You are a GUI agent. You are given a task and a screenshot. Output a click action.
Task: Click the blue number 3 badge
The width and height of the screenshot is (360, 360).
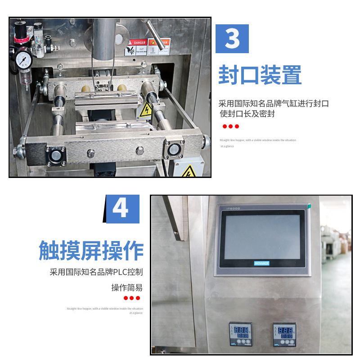(232, 39)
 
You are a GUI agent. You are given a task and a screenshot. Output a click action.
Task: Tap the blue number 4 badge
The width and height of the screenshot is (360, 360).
(120, 209)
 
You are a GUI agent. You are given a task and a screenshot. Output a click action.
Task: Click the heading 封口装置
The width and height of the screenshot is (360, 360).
(260, 75)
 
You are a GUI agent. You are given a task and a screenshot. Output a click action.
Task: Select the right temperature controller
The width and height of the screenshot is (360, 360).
(284, 334)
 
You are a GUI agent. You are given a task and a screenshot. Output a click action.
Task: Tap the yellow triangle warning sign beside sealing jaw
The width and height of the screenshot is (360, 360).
(145, 110)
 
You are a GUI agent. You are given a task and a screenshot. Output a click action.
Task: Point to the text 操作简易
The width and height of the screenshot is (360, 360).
(127, 287)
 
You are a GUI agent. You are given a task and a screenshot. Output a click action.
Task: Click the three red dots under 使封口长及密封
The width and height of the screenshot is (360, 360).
(231, 127)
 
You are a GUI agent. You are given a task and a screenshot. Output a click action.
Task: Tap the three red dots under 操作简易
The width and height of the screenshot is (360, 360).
(132, 298)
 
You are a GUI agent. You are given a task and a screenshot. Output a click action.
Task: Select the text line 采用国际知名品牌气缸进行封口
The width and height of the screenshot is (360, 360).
(274, 103)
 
